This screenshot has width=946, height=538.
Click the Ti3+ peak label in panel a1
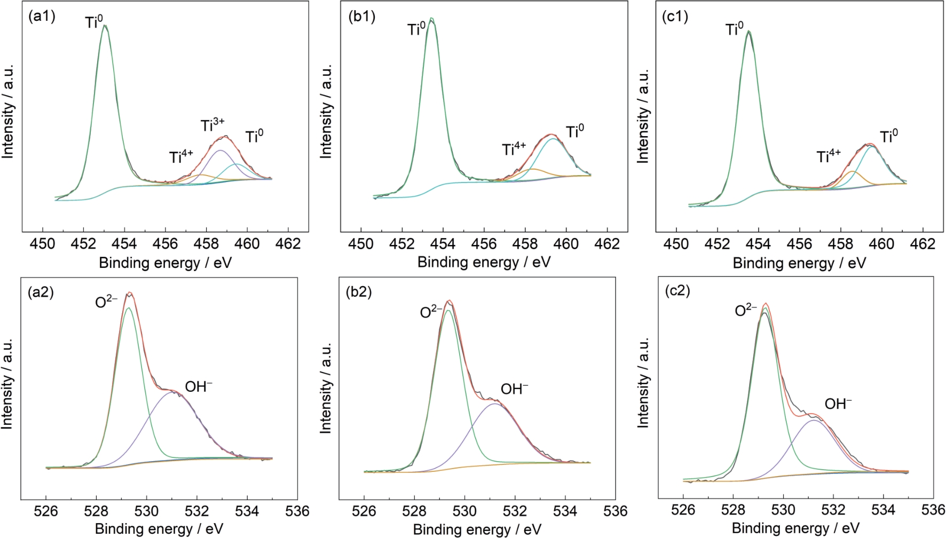point(212,126)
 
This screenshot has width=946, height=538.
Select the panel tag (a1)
point(42,16)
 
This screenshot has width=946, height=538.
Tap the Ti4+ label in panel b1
point(514,149)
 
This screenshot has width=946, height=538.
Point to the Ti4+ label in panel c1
point(828,156)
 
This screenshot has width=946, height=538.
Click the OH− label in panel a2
point(199,386)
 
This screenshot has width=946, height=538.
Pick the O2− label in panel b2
point(431,311)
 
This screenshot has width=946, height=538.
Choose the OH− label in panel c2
point(838,404)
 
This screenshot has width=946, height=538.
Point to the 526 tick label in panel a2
point(46,511)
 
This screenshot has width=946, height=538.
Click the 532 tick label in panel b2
point(515,511)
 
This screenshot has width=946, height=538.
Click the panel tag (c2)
point(676,291)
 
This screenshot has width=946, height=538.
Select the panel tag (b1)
point(361,17)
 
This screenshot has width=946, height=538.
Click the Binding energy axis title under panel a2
point(159,529)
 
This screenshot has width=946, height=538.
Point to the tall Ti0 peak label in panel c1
point(735,29)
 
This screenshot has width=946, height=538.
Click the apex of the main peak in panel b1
point(432,19)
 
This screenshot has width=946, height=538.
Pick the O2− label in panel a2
point(106,302)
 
